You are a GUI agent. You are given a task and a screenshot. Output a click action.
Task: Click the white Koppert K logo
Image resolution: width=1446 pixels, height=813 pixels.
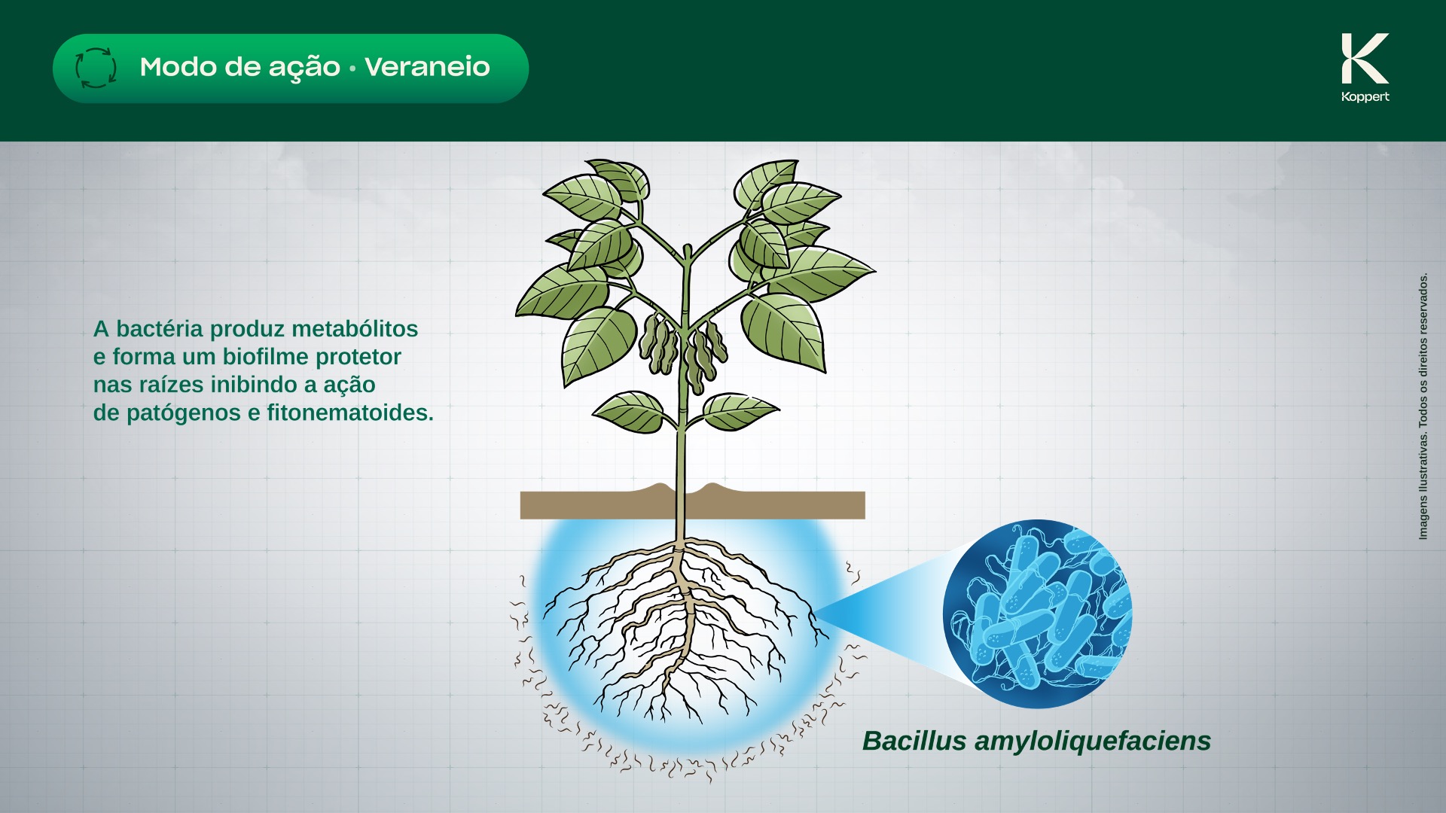1365,58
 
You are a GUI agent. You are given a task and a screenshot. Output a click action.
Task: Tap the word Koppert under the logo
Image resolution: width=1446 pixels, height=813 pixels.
1365,96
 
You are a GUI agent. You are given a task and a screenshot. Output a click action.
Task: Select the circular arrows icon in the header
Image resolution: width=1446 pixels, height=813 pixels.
96,68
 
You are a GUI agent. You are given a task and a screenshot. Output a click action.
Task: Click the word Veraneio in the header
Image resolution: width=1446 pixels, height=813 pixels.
427,67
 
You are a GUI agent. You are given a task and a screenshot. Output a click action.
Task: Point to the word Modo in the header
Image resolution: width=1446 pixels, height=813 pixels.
178,67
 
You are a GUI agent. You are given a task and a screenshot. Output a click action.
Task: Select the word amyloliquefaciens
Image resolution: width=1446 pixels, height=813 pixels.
1093,741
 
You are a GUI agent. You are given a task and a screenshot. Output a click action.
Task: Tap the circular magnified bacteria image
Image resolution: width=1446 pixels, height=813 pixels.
1037,614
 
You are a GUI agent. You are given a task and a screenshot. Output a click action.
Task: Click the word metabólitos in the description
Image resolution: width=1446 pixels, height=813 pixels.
355,329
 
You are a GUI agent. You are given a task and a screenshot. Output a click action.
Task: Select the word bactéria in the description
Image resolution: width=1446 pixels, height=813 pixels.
160,329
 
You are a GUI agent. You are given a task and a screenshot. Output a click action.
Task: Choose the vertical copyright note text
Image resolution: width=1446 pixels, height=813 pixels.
1423,406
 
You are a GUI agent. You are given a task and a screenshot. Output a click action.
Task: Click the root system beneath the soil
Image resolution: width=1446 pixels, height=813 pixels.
682,625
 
